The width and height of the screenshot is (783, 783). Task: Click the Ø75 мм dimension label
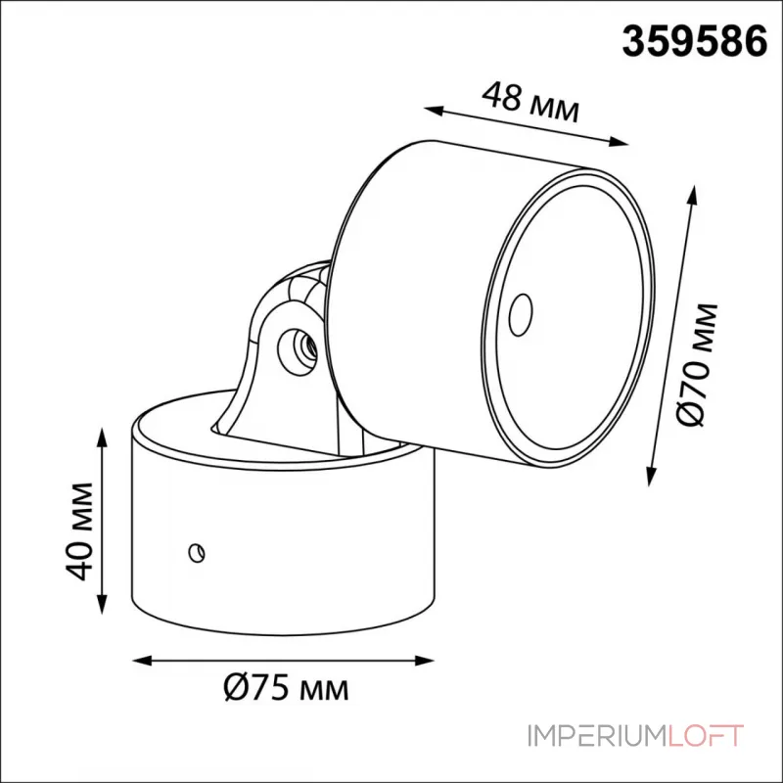(x=285, y=688)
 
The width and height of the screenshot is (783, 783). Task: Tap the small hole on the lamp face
(x=520, y=311)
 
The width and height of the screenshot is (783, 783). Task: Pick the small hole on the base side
(x=198, y=552)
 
